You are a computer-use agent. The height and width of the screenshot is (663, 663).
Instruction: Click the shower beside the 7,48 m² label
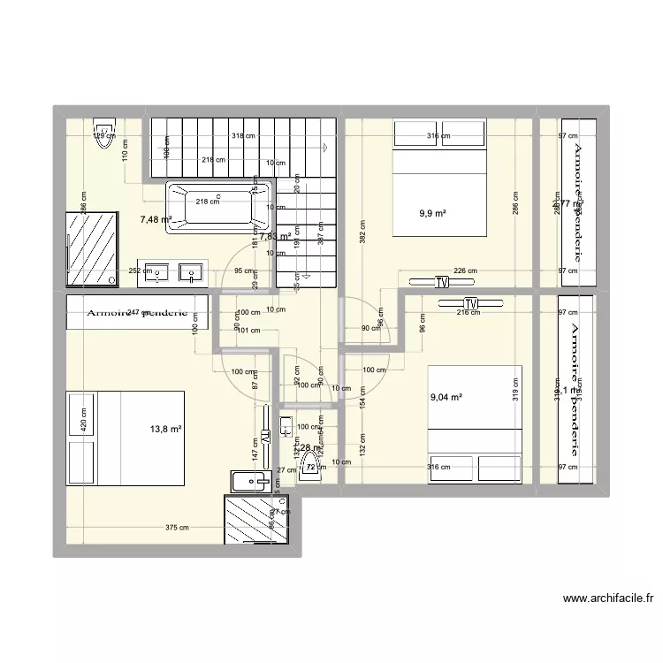(x=91, y=248)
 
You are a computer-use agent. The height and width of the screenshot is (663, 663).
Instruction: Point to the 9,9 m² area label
(x=432, y=213)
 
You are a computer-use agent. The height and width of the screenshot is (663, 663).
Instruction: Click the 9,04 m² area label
(x=446, y=398)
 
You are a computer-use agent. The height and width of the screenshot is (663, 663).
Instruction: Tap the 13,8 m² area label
(x=165, y=430)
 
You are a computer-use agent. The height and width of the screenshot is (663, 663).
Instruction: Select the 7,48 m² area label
(x=155, y=220)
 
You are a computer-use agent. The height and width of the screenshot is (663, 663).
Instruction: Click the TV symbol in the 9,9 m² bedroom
(x=441, y=283)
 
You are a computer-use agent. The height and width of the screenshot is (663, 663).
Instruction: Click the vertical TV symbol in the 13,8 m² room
(x=265, y=437)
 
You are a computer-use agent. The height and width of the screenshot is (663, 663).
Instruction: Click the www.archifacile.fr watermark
(x=608, y=598)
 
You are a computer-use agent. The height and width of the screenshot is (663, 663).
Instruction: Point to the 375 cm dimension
(x=178, y=529)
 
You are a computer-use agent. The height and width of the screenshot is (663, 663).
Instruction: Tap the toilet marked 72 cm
(x=309, y=469)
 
